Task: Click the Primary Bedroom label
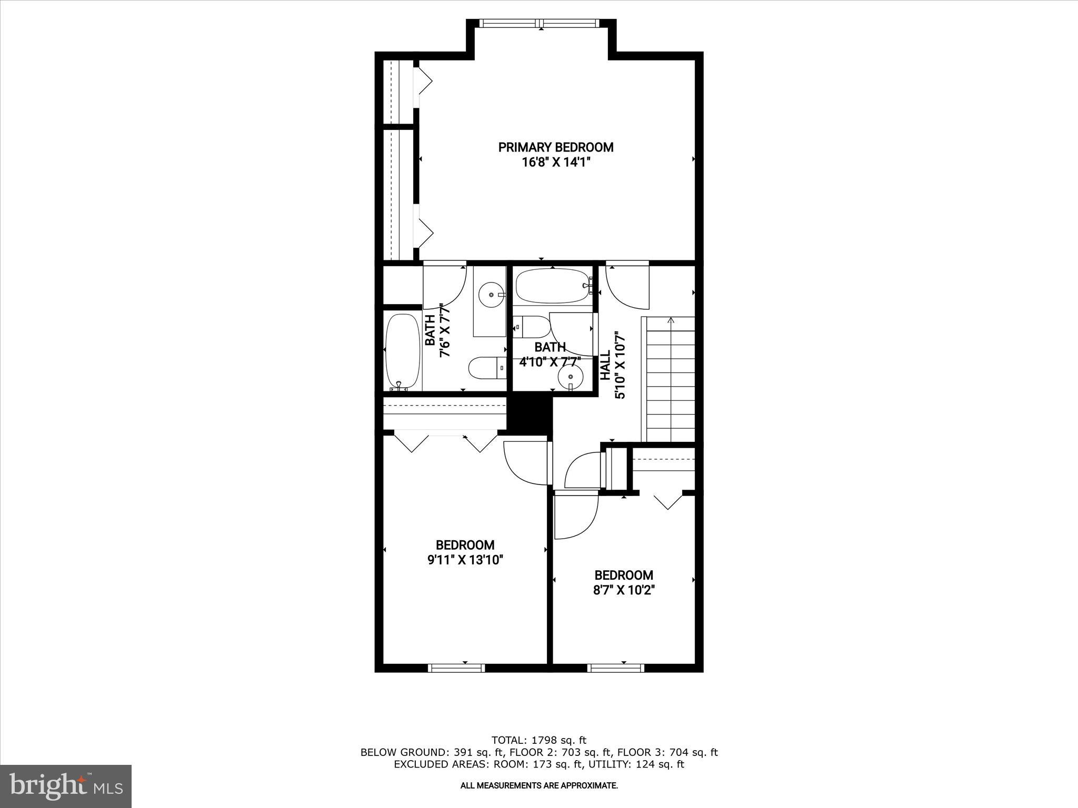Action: pyautogui.click(x=556, y=147)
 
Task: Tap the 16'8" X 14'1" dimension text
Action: pyautogui.click(x=556, y=163)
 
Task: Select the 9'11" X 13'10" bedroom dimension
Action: pyautogui.click(x=465, y=560)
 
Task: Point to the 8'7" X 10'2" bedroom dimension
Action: pyautogui.click(x=624, y=590)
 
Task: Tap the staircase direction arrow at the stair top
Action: pyautogui.click(x=671, y=320)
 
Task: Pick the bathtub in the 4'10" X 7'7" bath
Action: pyautogui.click(x=553, y=286)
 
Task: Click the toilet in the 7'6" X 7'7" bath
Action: pyautogui.click(x=487, y=368)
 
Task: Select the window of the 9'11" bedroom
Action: pyautogui.click(x=457, y=668)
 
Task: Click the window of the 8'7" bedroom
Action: pyautogui.click(x=616, y=668)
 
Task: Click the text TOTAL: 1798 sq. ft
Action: pyautogui.click(x=538, y=741)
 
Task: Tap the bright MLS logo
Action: pyautogui.click(x=66, y=786)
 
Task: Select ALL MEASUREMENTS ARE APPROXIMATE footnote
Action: pyautogui.click(x=538, y=786)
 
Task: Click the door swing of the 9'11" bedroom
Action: pyautogui.click(x=524, y=463)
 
